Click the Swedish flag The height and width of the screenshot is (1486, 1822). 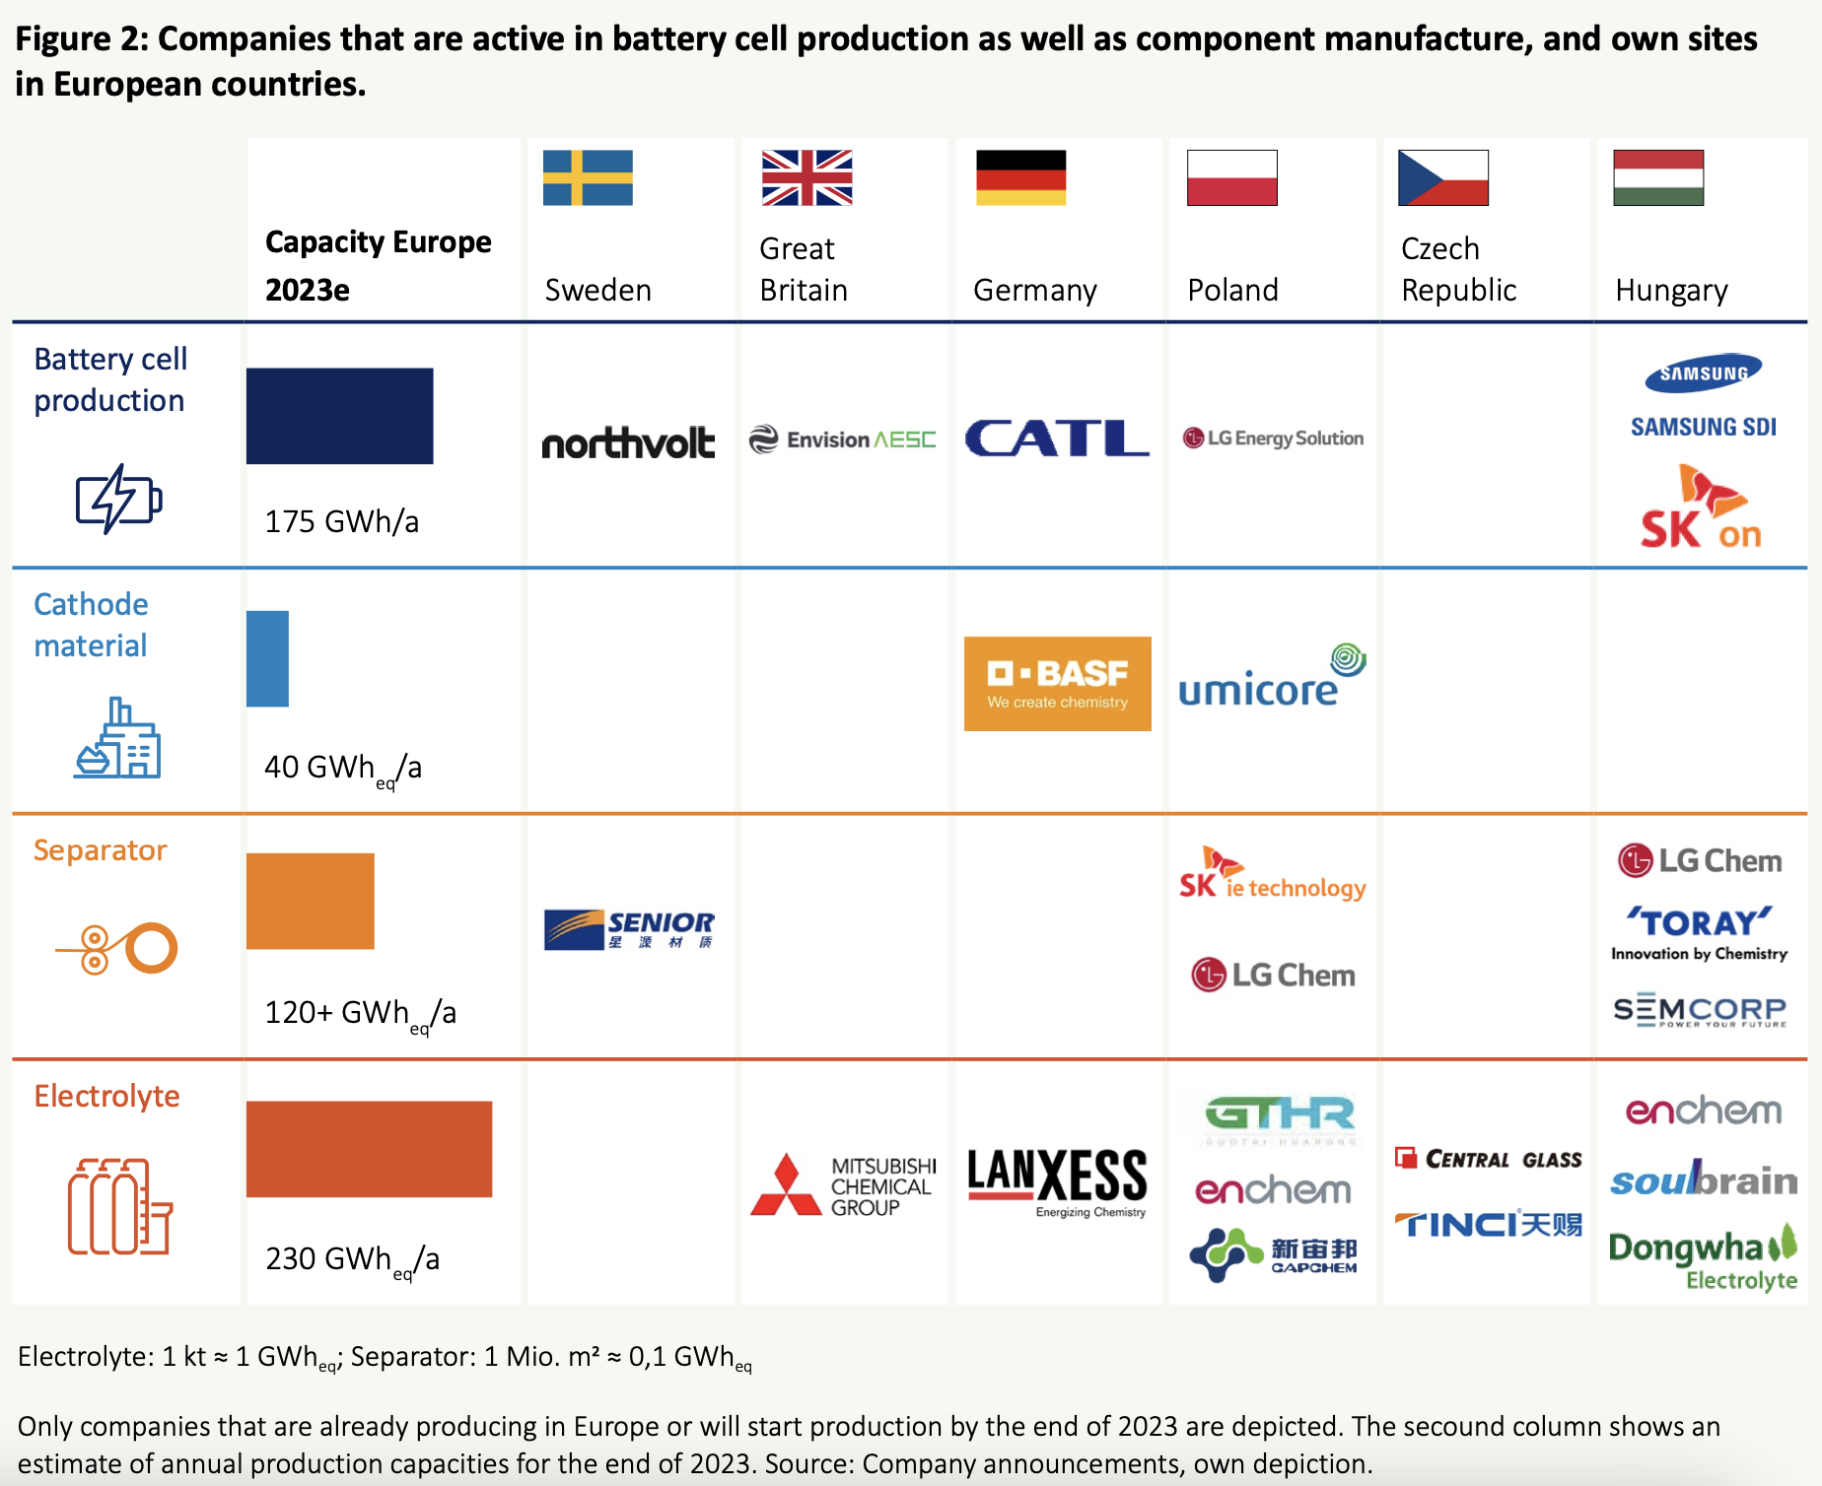pyautogui.click(x=588, y=177)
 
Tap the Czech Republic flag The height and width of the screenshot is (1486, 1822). pyautogui.click(x=1442, y=177)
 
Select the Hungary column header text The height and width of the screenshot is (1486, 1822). pyautogui.click(x=1671, y=291)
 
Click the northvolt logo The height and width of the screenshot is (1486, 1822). pyautogui.click(x=628, y=442)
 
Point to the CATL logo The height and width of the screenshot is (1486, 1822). pyautogui.click(x=1056, y=439)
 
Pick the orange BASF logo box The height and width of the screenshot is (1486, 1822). pyautogui.click(x=1057, y=684)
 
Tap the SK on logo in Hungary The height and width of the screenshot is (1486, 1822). pyautogui.click(x=1701, y=509)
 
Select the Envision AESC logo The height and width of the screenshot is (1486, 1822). pyautogui.click(x=842, y=439)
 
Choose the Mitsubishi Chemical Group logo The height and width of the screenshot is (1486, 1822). pyautogui.click(x=844, y=1185)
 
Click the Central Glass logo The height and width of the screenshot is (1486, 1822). pyautogui.click(x=1488, y=1159)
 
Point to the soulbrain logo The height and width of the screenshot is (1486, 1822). pyautogui.click(x=1703, y=1180)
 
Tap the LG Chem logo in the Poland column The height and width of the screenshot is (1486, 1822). pyautogui.click(x=1273, y=976)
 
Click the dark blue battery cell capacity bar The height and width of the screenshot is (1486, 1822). pyautogui.click(x=339, y=416)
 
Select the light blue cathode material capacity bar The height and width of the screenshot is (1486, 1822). pyautogui.click(x=267, y=658)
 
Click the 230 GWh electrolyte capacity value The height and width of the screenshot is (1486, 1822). pyautogui.click(x=352, y=1260)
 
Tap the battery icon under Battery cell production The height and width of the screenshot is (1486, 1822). pyautogui.click(x=118, y=500)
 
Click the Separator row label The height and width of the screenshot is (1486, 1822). pyautogui.click(x=100, y=850)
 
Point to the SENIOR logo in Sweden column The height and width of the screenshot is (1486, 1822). pyautogui.click(x=629, y=929)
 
